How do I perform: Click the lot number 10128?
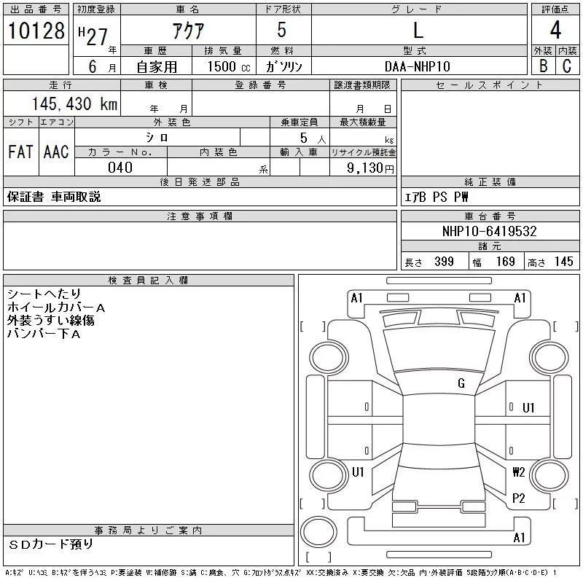(x=36, y=31)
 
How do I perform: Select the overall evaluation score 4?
(x=555, y=30)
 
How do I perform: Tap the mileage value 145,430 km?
(x=75, y=103)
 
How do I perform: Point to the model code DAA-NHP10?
(x=417, y=66)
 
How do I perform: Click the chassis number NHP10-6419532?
(x=489, y=231)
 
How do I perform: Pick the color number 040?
(x=120, y=168)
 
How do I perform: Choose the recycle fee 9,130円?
(x=370, y=168)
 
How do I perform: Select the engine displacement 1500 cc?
(x=229, y=66)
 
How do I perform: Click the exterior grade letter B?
(x=543, y=66)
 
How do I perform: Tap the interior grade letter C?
(x=567, y=66)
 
